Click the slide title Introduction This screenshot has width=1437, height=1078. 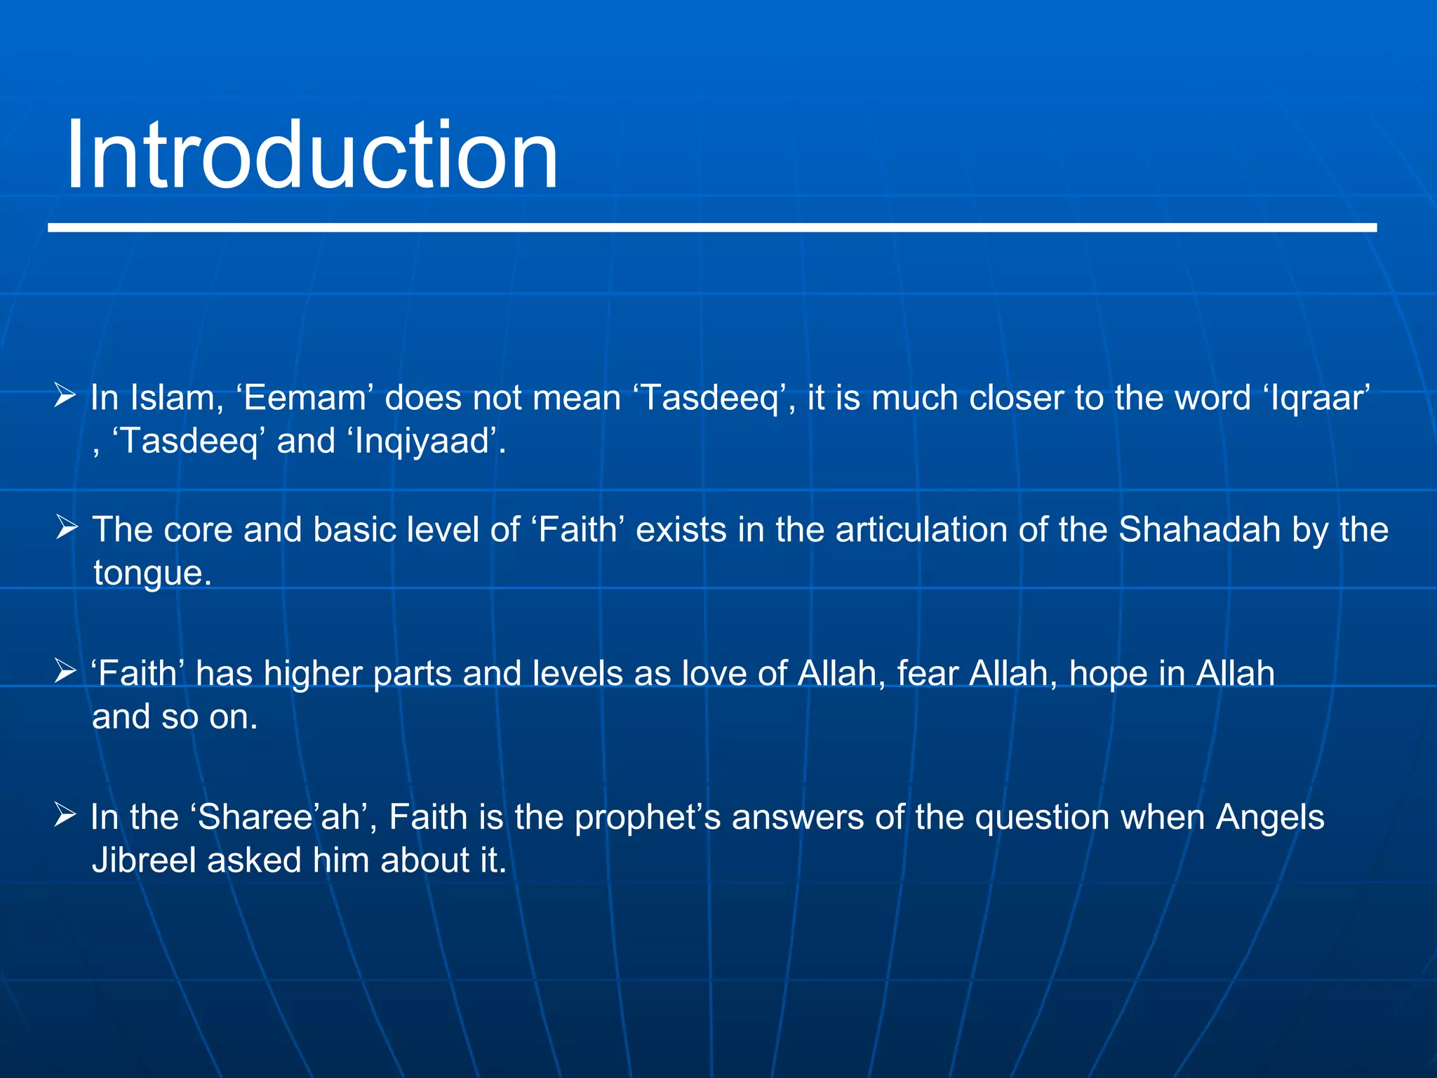(312, 156)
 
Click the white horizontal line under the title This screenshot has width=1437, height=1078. (711, 228)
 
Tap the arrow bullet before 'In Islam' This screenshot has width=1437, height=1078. (65, 396)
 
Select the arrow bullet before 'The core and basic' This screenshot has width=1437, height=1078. (67, 527)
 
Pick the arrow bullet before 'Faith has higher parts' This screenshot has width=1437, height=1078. (65, 671)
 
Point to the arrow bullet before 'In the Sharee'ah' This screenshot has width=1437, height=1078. (65, 815)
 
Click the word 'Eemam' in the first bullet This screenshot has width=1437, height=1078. (305, 398)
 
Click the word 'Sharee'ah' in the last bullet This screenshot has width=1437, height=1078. (279, 818)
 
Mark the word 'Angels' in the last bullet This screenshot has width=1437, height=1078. (1269, 818)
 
